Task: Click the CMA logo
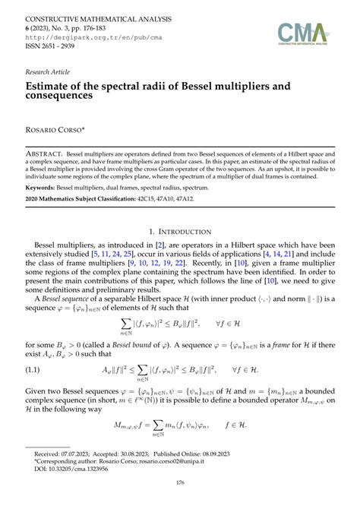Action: click(x=303, y=34)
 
